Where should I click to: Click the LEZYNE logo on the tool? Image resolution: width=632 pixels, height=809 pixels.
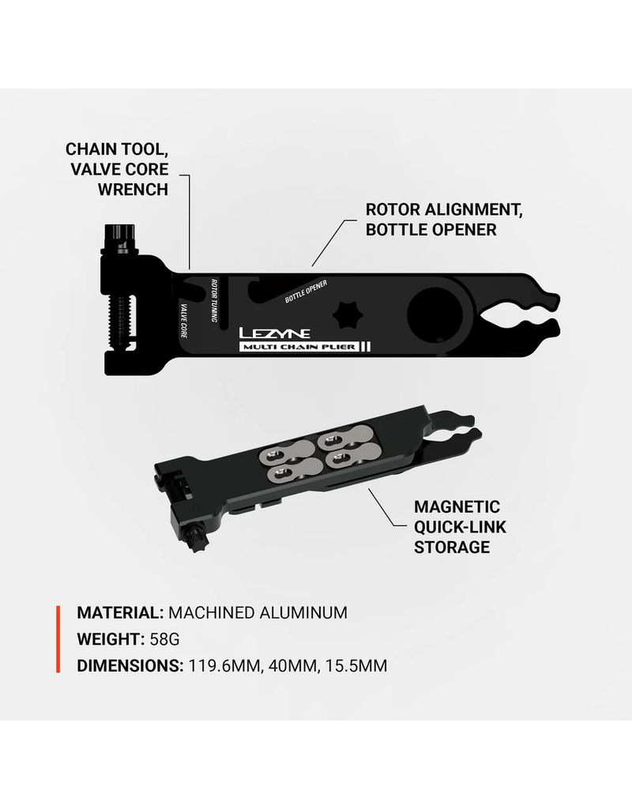coord(274,333)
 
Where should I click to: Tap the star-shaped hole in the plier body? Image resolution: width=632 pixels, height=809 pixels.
coord(348,314)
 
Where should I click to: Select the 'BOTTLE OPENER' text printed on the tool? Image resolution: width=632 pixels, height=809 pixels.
coord(307,292)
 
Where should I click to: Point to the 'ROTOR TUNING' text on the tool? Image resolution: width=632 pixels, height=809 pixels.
coord(213,300)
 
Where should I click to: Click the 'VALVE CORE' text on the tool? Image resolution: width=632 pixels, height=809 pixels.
coord(183,321)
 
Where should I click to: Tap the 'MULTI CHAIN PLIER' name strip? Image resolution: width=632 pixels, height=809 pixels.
coord(299,347)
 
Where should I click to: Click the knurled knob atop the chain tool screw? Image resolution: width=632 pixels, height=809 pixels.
coord(120,239)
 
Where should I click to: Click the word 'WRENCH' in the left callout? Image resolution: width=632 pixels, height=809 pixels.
coord(133,190)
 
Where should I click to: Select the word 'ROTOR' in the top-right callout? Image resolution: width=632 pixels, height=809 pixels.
coord(393,209)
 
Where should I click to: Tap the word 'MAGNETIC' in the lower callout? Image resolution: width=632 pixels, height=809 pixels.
coord(457,506)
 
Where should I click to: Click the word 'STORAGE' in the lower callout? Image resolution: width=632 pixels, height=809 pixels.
coord(452,547)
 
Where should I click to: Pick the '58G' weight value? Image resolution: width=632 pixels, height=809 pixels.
coord(164,639)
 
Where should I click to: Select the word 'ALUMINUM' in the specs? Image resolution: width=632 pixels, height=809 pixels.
coord(303,612)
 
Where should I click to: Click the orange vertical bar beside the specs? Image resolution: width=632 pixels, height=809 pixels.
coord(58,639)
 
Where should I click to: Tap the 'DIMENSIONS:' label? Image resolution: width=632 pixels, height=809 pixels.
coord(130,665)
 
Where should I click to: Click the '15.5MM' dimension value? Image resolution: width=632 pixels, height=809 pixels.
coord(356,665)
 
